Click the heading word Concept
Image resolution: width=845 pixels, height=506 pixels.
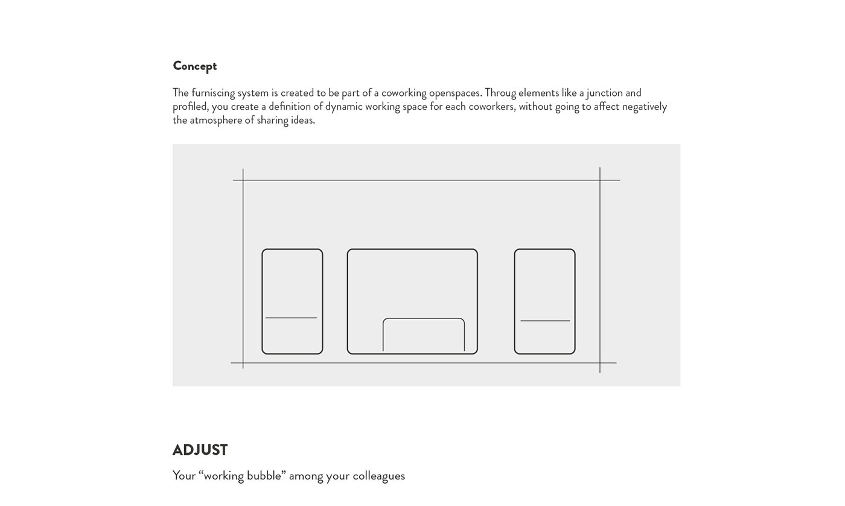[x=194, y=66]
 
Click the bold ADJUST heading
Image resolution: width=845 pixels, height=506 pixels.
[x=200, y=450]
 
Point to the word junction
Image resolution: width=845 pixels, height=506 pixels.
[x=604, y=93]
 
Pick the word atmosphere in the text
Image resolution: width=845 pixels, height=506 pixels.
[x=216, y=120]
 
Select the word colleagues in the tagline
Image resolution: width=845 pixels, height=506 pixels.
[x=378, y=476]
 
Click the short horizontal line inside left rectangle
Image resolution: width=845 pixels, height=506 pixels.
[x=291, y=318]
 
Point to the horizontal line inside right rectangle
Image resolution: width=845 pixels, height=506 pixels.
[x=545, y=321]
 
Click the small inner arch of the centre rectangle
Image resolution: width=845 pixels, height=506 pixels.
[x=424, y=319]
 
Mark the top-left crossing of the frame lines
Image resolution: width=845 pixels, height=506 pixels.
[x=243, y=180]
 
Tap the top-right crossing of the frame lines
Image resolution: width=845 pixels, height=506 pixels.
[x=600, y=180]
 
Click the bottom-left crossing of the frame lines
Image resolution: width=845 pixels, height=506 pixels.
[x=243, y=363]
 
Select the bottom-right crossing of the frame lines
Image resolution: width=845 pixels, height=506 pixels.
[x=600, y=363]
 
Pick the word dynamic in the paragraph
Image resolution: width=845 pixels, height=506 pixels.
[x=343, y=107]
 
